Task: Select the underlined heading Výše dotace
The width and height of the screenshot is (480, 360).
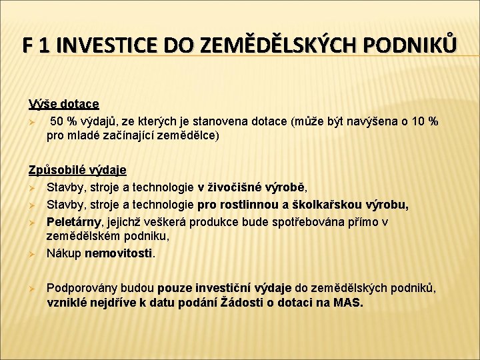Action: (x=64, y=104)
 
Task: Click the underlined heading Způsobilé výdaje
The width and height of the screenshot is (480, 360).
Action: (x=77, y=170)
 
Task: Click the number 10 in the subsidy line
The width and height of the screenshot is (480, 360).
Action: (x=417, y=121)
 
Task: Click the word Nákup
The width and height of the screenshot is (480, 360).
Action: (x=64, y=253)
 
